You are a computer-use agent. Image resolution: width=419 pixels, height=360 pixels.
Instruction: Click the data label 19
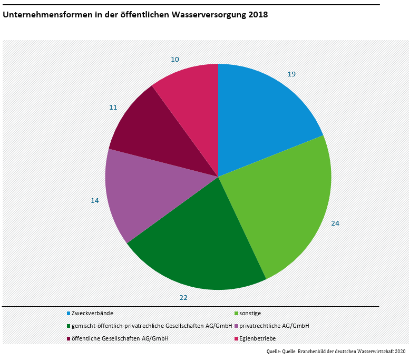291,74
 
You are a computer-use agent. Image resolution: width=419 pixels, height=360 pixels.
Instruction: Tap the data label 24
335,223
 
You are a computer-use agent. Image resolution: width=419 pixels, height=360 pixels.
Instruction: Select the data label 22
183,297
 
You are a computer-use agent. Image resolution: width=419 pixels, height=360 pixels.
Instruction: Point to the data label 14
95,201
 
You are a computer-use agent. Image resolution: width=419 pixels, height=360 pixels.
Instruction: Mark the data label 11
113,107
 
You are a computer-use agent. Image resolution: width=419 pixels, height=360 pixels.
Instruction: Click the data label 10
175,59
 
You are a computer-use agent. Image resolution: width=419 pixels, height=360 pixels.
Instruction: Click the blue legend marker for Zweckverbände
69,313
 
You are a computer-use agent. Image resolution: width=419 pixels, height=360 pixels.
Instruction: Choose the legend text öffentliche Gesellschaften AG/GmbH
120,338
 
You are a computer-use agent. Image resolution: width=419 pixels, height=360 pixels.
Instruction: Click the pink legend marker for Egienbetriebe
236,338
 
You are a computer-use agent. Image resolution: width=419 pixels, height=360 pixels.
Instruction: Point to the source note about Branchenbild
337,351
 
